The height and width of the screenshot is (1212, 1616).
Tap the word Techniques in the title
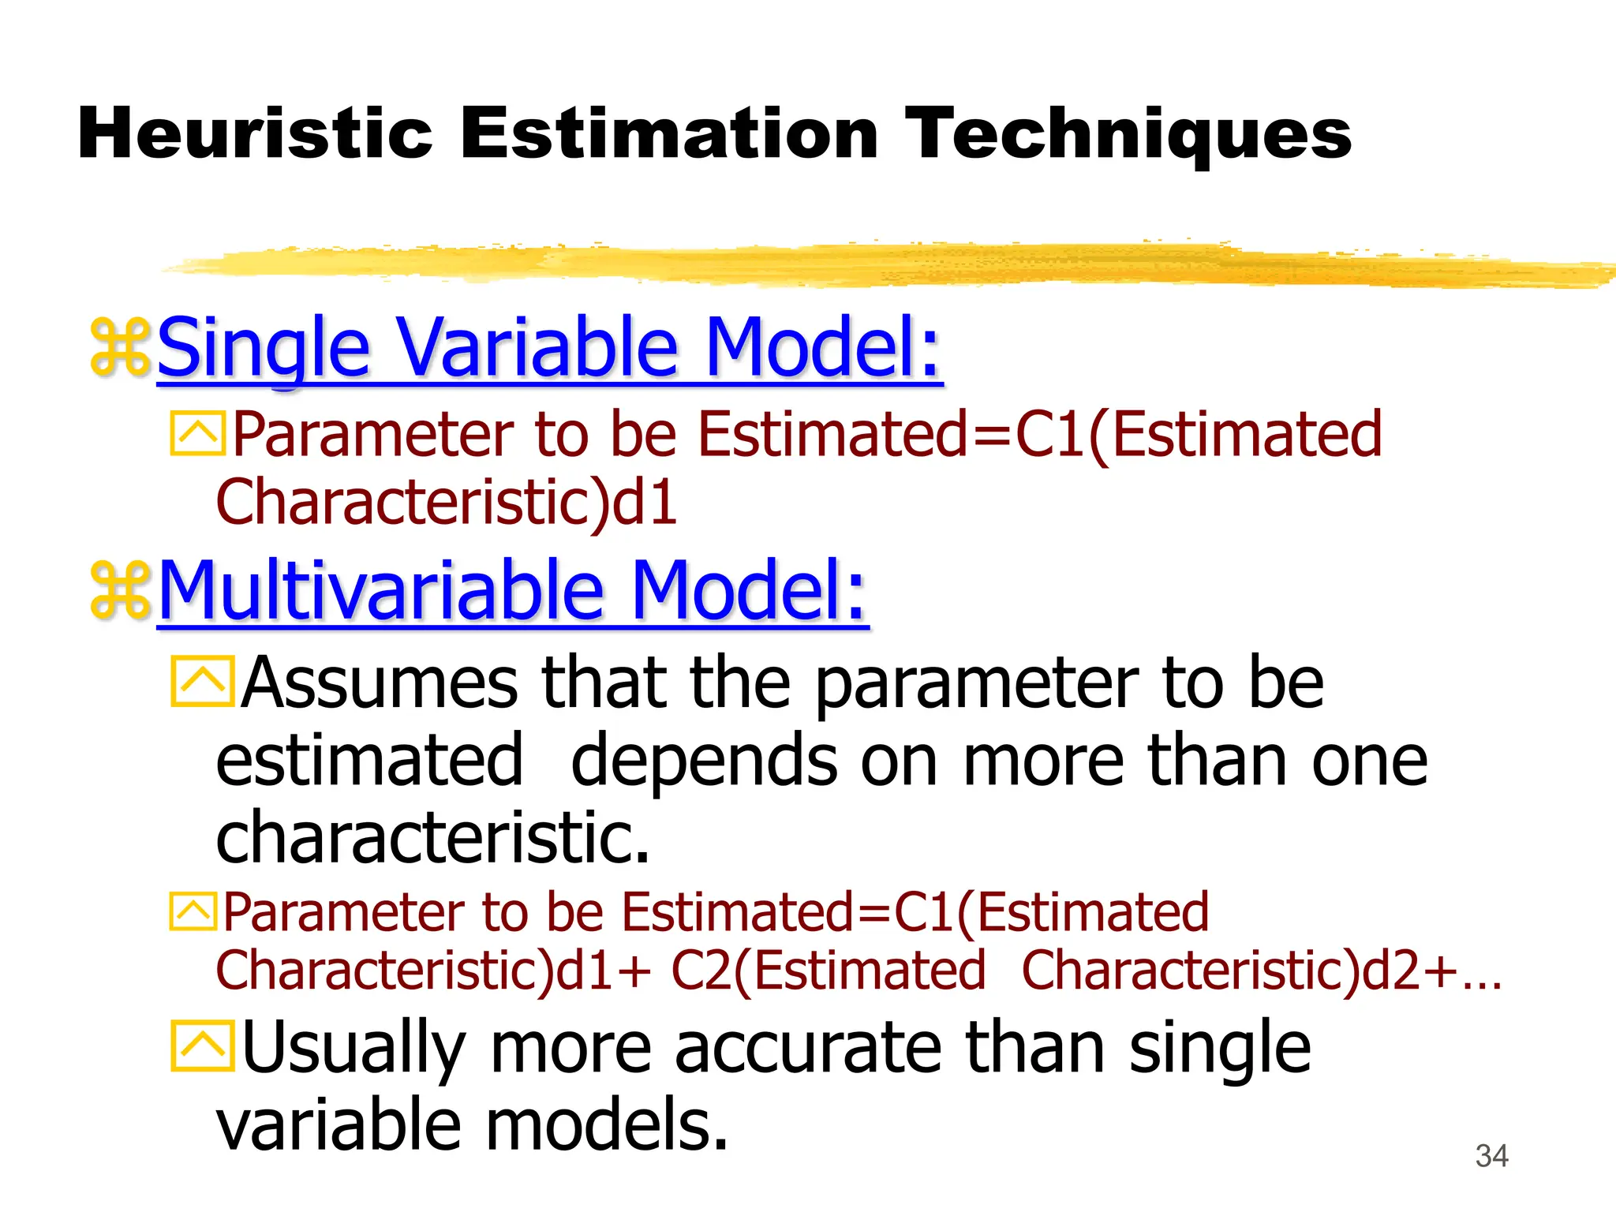[x=1128, y=134]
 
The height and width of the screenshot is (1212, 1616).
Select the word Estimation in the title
[x=668, y=134]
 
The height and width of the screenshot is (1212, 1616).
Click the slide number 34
[x=1491, y=1156]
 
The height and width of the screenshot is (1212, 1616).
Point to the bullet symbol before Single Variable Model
[x=120, y=346]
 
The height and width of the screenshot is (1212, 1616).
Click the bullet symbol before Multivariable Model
[x=120, y=589]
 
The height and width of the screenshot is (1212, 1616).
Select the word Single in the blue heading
[x=264, y=346]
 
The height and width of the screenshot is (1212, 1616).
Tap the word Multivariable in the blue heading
[x=381, y=589]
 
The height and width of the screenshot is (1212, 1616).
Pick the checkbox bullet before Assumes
[x=202, y=681]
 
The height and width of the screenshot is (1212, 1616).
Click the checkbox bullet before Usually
[x=202, y=1046]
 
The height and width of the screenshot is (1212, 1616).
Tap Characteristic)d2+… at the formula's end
[x=1261, y=970]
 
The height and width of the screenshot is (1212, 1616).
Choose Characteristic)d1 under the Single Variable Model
[x=447, y=502]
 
